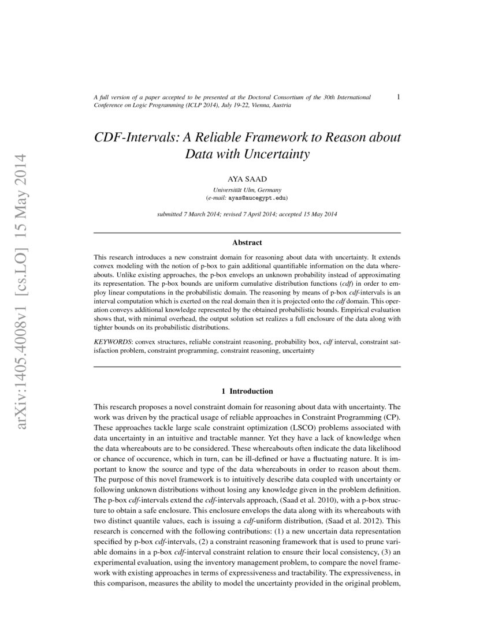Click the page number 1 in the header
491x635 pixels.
[399, 97]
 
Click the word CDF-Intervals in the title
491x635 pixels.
[133, 139]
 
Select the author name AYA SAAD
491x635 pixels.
[247, 180]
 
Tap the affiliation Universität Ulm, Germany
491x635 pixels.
[247, 189]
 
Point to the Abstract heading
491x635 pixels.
[247, 243]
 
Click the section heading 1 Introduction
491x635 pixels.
[247, 391]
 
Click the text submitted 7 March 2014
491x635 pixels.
[187, 214]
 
